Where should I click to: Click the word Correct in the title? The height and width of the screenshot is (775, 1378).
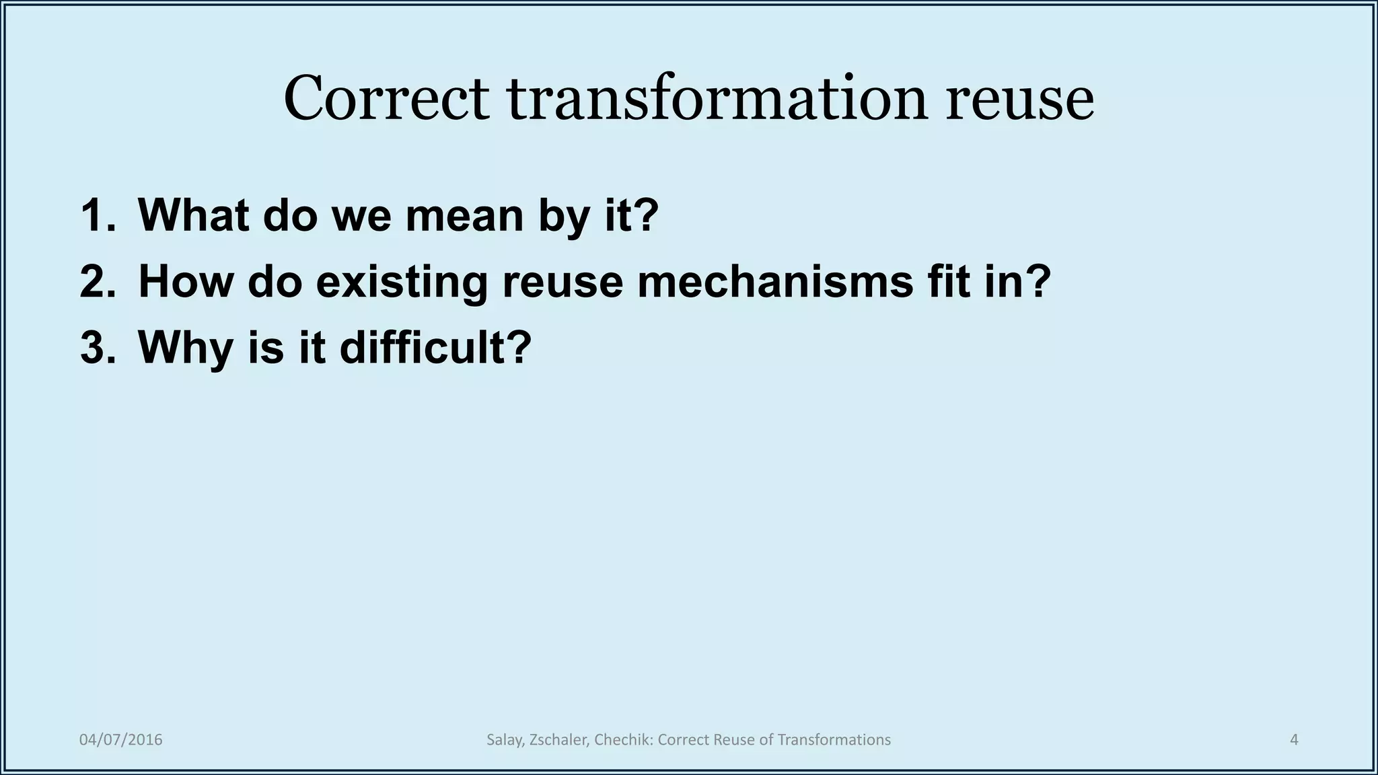(386, 99)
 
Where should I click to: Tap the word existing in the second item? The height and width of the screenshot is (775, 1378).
(401, 281)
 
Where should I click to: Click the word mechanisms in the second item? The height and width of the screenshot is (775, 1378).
(775, 281)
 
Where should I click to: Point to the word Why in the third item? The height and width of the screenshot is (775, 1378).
(184, 348)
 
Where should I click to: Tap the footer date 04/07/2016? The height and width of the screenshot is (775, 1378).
(121, 740)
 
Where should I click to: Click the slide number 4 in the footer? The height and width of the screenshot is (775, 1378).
(1294, 740)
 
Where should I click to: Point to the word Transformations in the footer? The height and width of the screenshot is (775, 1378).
(834, 740)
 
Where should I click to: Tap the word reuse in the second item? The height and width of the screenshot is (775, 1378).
(562, 281)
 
